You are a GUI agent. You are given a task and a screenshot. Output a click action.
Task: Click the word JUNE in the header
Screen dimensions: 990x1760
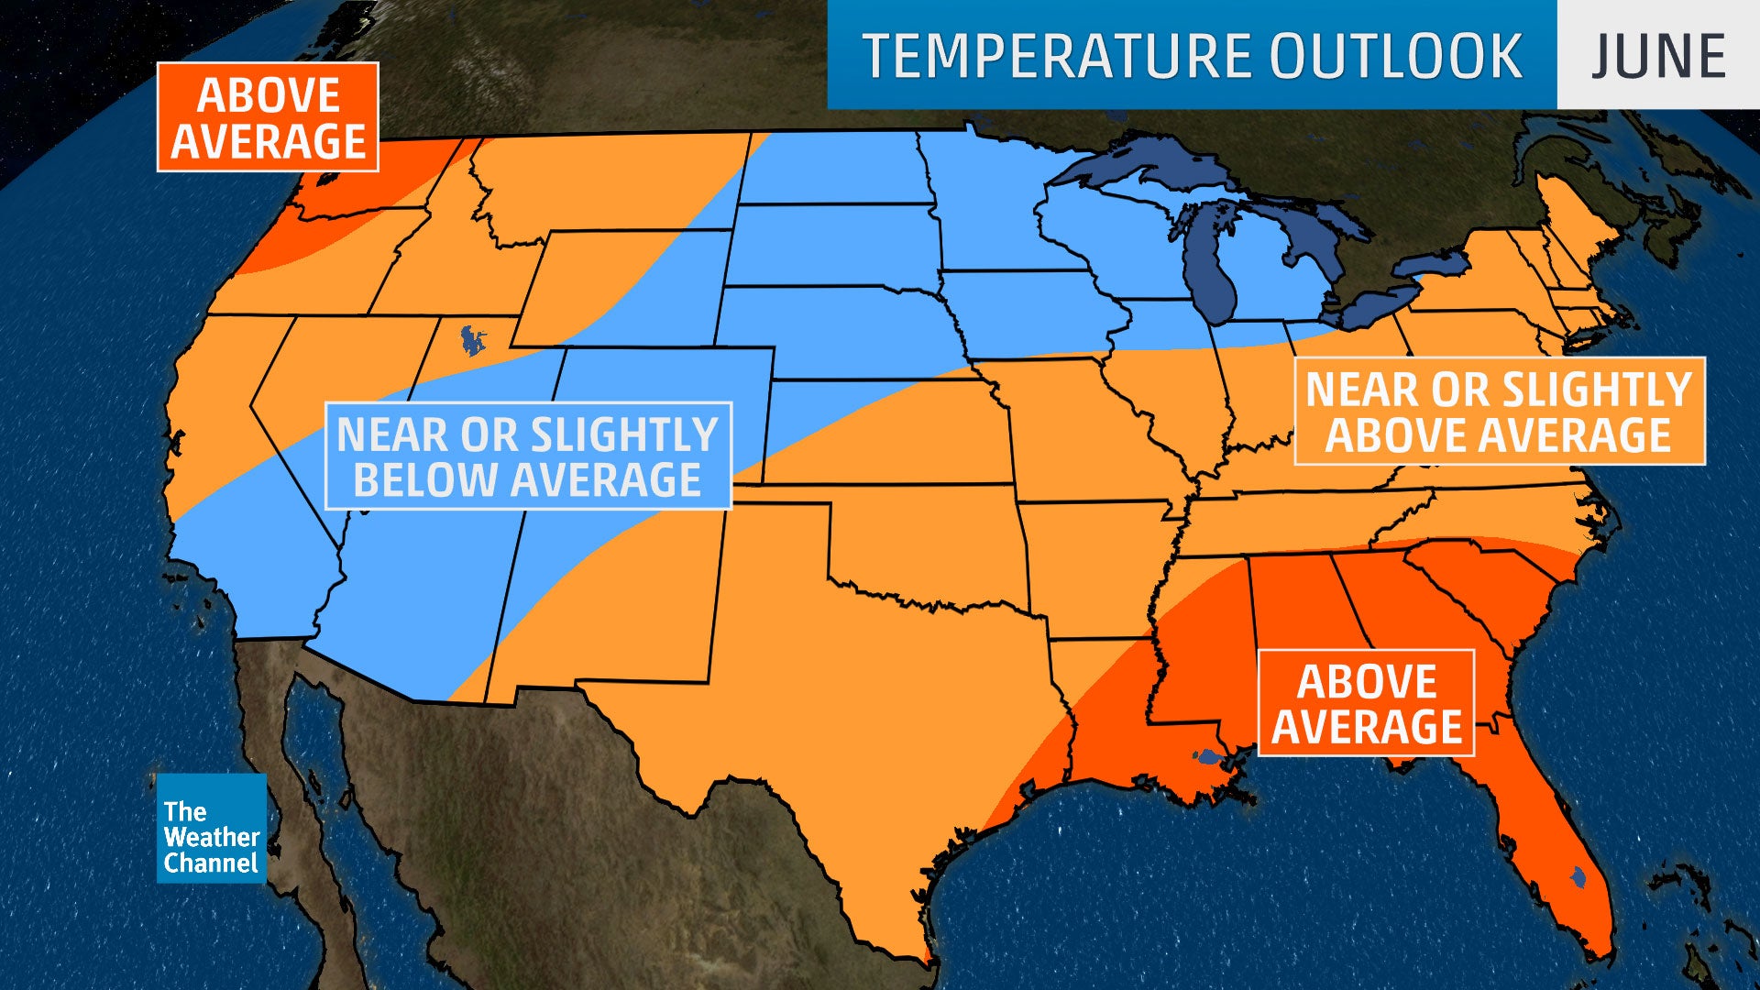coord(1657,56)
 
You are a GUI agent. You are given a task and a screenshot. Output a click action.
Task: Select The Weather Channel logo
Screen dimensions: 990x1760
coord(211,829)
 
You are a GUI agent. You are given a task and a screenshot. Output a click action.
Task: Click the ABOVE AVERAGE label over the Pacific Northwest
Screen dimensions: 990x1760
coord(268,117)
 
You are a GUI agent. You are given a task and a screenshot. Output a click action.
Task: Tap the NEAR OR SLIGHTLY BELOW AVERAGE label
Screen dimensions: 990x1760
coord(528,456)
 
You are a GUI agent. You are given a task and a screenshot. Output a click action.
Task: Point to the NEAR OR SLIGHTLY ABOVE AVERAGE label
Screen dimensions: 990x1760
coord(1499,412)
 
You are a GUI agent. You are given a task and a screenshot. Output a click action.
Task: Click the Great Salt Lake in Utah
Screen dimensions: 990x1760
coord(473,342)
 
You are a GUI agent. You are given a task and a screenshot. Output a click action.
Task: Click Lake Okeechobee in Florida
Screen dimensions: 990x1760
coord(1578,877)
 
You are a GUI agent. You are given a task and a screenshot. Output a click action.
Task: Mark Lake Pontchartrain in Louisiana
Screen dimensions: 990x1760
coord(1207,757)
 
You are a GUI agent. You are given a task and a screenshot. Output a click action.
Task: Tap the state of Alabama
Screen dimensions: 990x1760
coord(1302,632)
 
